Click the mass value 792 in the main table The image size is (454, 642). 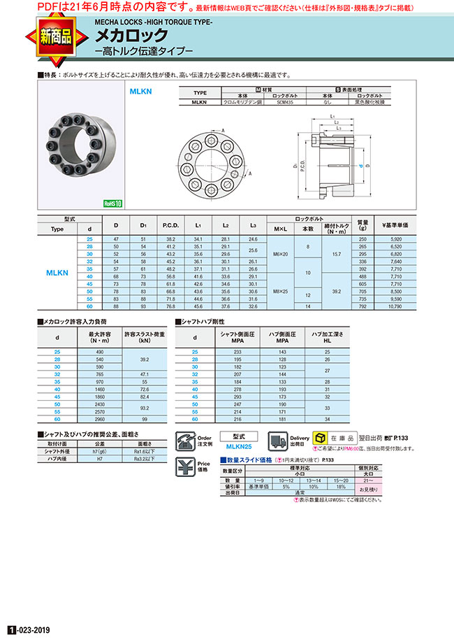coord(363,306)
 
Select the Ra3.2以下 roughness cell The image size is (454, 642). coord(145,459)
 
